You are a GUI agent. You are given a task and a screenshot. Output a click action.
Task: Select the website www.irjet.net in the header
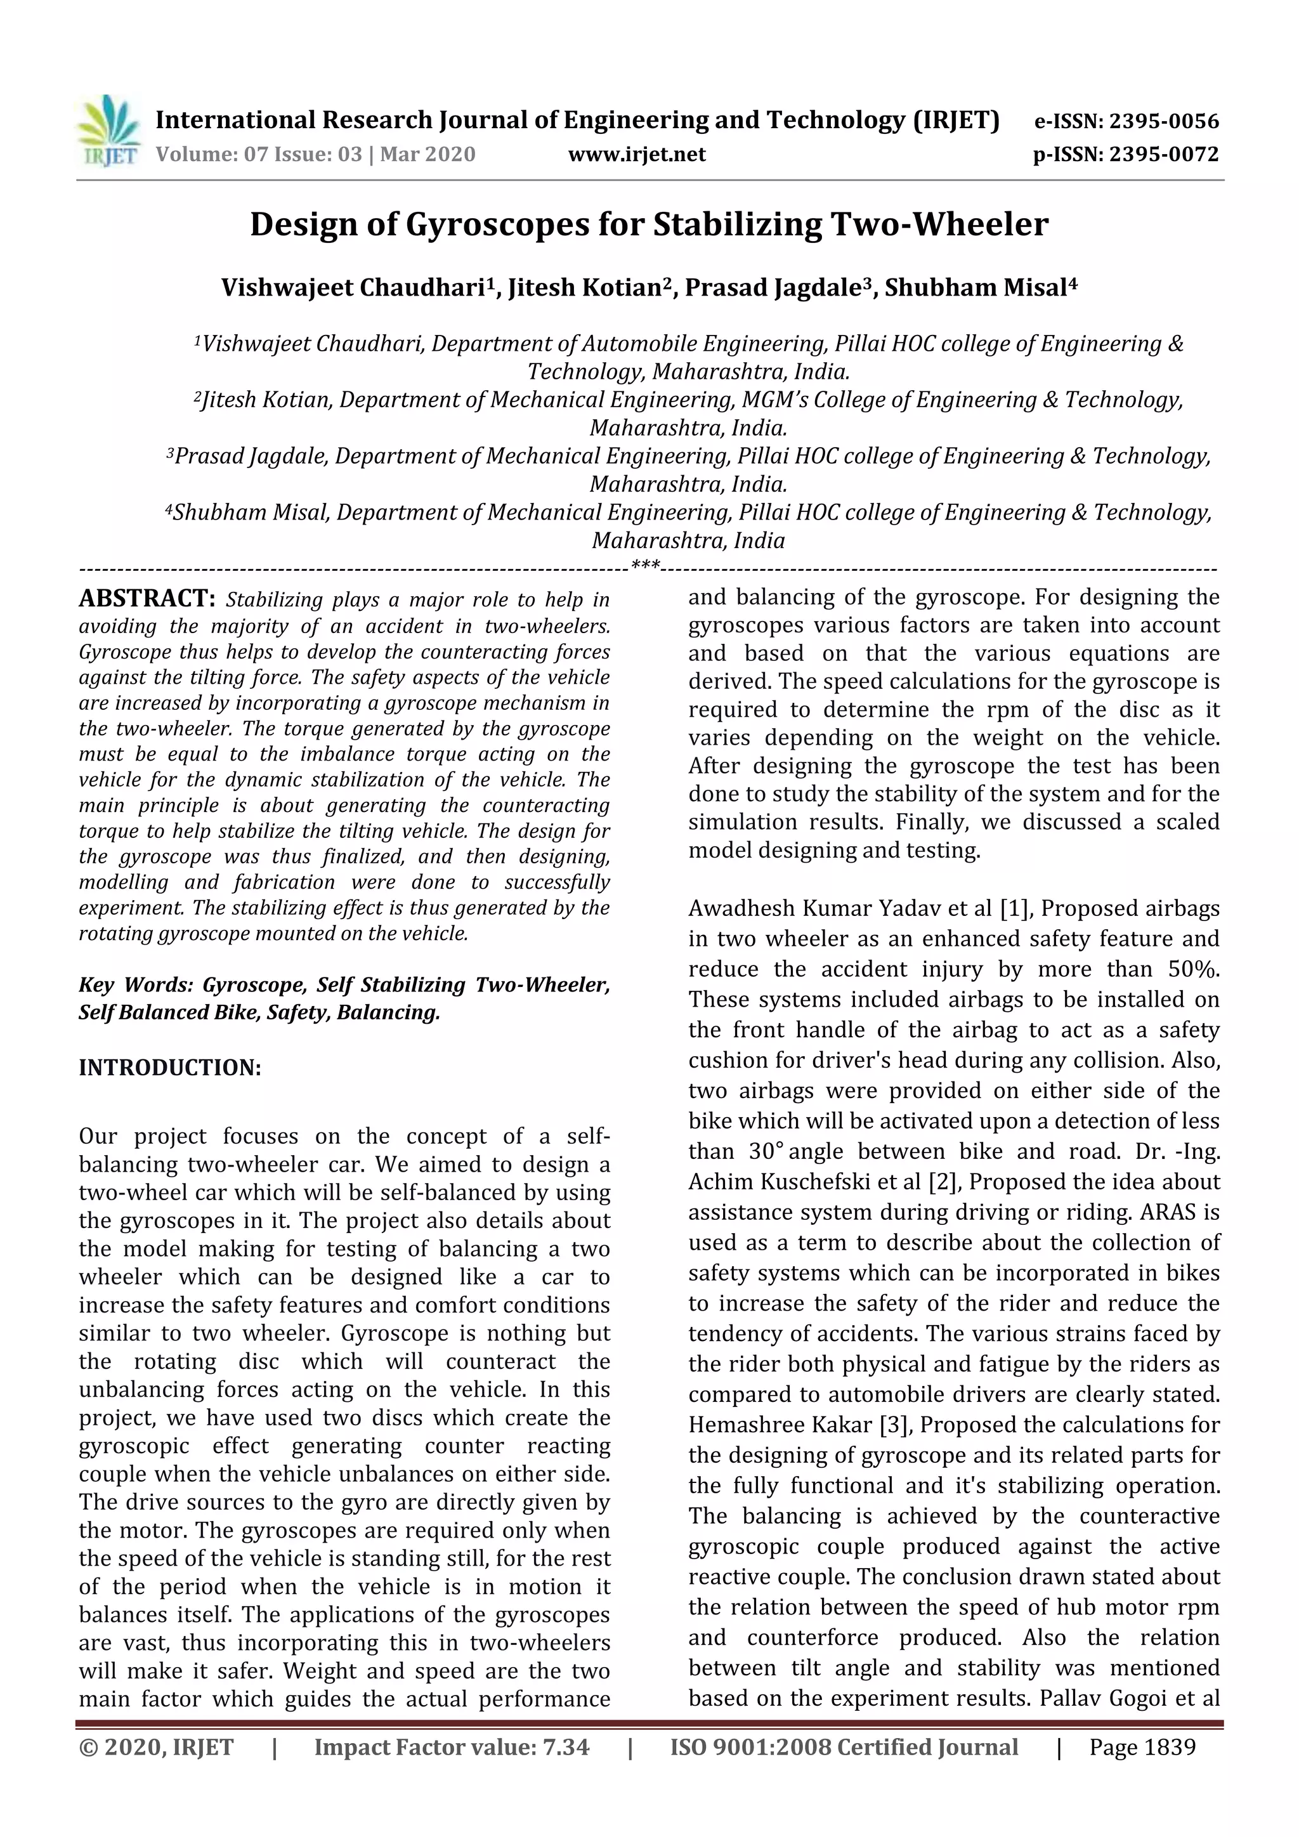[637, 154]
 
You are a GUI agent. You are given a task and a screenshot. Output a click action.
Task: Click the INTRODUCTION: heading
[169, 1068]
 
